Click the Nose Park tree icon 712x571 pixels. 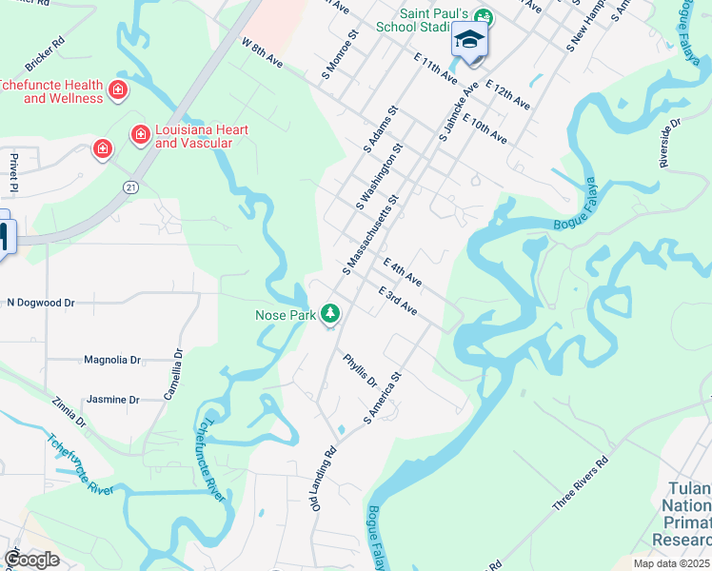pyautogui.click(x=330, y=312)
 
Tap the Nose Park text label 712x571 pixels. pyautogui.click(x=285, y=314)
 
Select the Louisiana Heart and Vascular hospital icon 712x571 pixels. pyautogui.click(x=140, y=135)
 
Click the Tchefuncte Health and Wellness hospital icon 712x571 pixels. pyautogui.click(x=118, y=90)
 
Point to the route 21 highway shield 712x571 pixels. pyautogui.click(x=129, y=187)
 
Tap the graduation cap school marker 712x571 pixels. pyautogui.click(x=469, y=41)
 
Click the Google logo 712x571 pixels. pyautogui.click(x=31, y=560)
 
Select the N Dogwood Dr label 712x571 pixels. pyautogui.click(x=40, y=303)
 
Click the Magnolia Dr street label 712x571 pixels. pyautogui.click(x=112, y=360)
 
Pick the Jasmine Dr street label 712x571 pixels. pyautogui.click(x=113, y=400)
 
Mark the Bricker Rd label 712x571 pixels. pyautogui.click(x=45, y=56)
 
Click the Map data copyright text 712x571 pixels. pyautogui.click(x=672, y=563)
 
